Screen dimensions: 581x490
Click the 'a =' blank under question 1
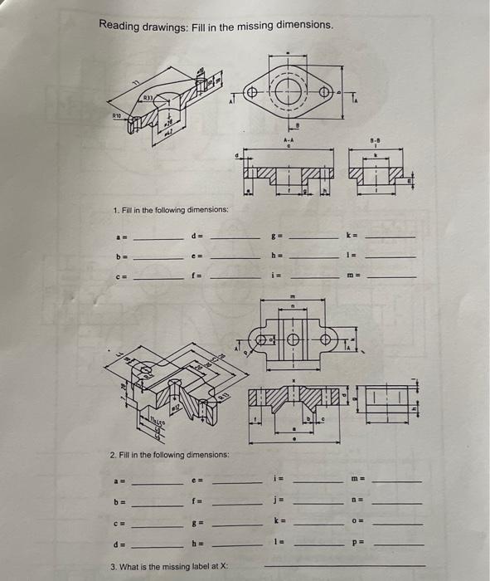(x=158, y=237)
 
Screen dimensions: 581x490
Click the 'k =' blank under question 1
(x=391, y=237)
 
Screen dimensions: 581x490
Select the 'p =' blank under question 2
(x=398, y=544)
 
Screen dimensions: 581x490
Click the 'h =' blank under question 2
(x=235, y=544)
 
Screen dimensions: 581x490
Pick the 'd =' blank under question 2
(x=158, y=544)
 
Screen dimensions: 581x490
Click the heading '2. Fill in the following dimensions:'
(x=169, y=455)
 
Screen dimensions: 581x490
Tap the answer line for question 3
(x=343, y=565)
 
